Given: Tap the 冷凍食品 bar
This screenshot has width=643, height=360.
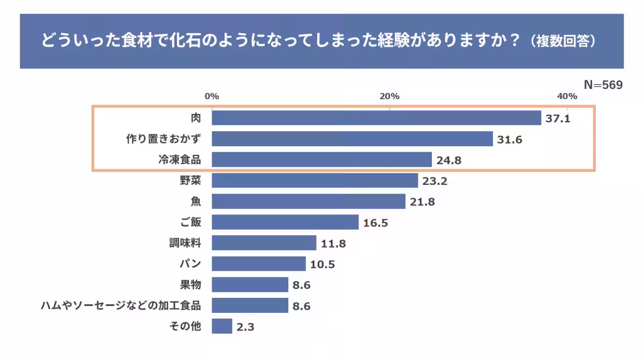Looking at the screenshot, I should pyautogui.click(x=322, y=160).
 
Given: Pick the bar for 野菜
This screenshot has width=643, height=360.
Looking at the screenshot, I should pyautogui.click(x=315, y=181).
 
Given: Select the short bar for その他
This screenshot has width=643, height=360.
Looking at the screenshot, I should pyautogui.click(x=222, y=326).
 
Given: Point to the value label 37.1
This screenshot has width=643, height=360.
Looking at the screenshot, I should pyautogui.click(x=558, y=118).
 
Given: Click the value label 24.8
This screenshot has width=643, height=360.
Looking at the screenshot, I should pyautogui.click(x=449, y=160).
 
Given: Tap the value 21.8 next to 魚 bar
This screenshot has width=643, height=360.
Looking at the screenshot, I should pyautogui.click(x=422, y=202).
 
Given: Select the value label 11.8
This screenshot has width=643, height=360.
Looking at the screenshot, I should pyautogui.click(x=333, y=244).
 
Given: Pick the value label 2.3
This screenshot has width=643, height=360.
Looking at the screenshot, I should pyautogui.click(x=245, y=327).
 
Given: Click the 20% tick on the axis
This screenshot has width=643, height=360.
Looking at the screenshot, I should pyautogui.click(x=390, y=96).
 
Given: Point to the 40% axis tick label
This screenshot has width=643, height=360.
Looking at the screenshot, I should pyautogui.click(x=567, y=96).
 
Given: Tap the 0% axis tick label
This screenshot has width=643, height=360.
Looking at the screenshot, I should pyautogui.click(x=212, y=96).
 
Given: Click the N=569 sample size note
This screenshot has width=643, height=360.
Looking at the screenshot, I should pyautogui.click(x=603, y=85).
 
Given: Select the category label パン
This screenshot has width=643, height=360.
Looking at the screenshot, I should pyautogui.click(x=190, y=264).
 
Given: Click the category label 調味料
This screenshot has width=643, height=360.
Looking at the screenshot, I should pyautogui.click(x=185, y=243).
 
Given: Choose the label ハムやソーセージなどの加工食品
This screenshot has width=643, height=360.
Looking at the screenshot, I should pyautogui.click(x=121, y=305).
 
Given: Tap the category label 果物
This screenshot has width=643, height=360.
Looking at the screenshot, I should pyautogui.click(x=191, y=284).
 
